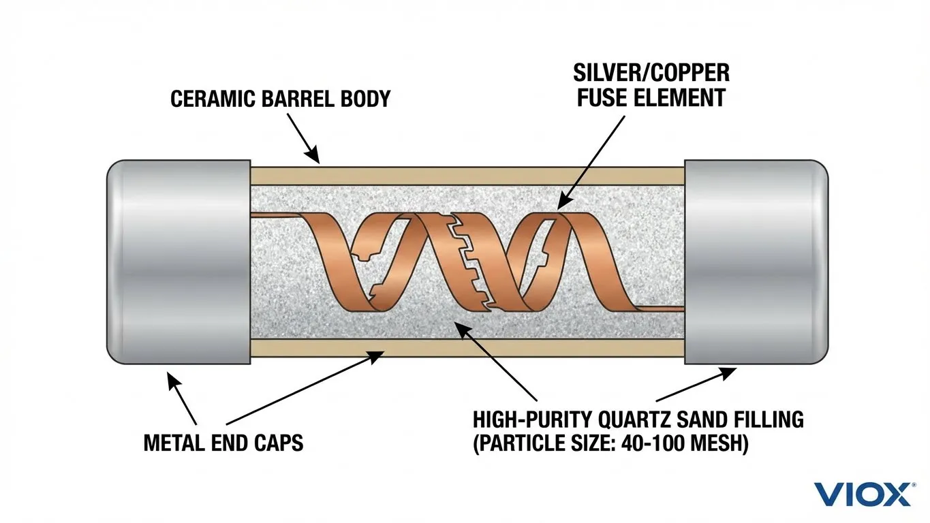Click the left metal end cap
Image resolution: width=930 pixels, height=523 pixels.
[179, 262]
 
